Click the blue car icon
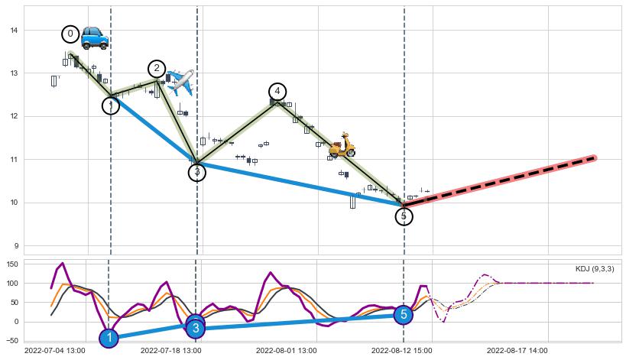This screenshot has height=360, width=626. tap(95, 37)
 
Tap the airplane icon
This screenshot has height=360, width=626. tap(180, 80)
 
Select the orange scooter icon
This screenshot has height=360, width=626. tap(342, 145)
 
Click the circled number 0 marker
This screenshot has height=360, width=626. tap(70, 34)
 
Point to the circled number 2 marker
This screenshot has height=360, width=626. tap(157, 69)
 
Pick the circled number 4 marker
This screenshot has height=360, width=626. tap(277, 92)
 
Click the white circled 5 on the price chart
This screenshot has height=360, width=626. tap(404, 216)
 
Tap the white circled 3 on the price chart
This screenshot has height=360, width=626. tap(197, 172)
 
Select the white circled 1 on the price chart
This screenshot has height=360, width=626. tap(111, 105)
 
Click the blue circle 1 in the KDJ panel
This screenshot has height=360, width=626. tap(109, 338)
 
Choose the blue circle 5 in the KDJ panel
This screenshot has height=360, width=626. tap(404, 314)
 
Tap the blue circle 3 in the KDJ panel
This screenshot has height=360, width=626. tap(196, 328)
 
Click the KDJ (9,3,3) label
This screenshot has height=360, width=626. tap(595, 269)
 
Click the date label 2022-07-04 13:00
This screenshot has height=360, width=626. tap(54, 351)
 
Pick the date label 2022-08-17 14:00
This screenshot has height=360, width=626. tap(517, 351)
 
